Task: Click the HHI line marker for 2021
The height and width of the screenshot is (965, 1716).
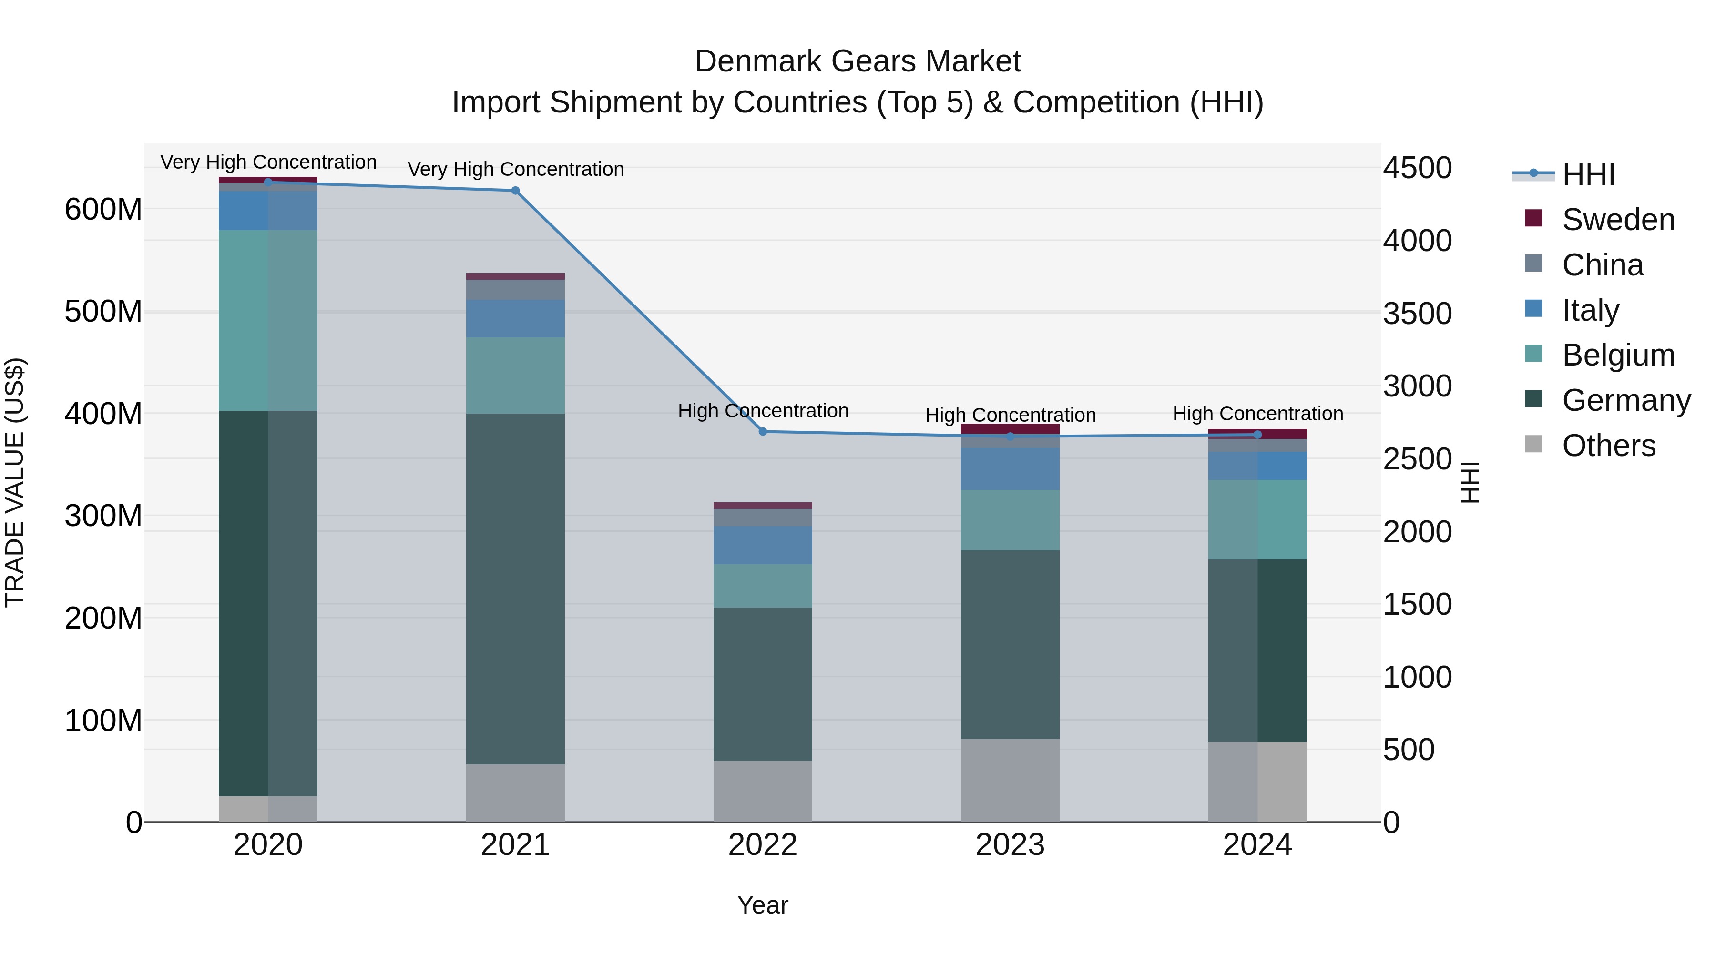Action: coord(515,191)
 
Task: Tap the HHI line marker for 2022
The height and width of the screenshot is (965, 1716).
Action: coord(763,432)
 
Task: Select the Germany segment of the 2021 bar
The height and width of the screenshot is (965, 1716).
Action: coord(515,589)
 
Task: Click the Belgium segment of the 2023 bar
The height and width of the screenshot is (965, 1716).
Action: coord(1010,520)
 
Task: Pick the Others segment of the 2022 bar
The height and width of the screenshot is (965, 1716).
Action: coord(763,791)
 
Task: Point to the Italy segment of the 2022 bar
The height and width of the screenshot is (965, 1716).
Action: coord(763,546)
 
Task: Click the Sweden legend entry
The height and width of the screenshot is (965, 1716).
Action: coord(1617,220)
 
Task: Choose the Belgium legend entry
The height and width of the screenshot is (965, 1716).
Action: coord(1617,355)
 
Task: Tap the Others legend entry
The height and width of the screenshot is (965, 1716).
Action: coord(1608,446)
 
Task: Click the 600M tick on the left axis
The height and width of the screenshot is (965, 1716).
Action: coord(103,210)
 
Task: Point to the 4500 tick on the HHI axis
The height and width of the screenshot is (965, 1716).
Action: coord(1417,168)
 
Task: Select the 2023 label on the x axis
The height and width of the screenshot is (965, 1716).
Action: coord(1010,845)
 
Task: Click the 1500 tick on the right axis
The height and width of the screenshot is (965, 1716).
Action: coord(1417,604)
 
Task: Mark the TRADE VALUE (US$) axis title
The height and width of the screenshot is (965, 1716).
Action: coord(15,482)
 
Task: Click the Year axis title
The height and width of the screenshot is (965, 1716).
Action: coord(763,905)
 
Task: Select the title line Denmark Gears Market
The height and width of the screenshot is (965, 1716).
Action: coord(858,61)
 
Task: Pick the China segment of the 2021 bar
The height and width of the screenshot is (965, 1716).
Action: coord(515,290)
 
